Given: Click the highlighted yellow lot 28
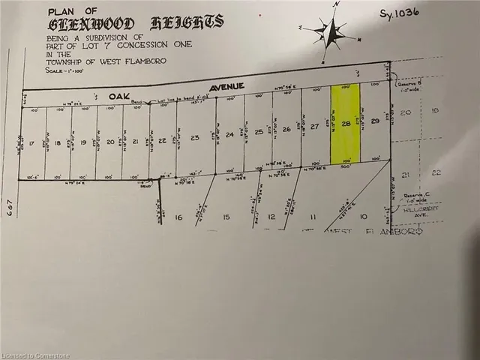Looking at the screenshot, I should [345, 124].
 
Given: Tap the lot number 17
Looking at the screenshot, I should [32, 142].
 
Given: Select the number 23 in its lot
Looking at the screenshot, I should [195, 137].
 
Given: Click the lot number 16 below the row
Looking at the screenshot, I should [178, 217].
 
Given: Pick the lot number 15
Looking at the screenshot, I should [226, 217].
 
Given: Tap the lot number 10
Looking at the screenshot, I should [364, 217].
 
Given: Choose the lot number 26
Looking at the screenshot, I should [286, 129].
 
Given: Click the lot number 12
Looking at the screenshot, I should [271, 217].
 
